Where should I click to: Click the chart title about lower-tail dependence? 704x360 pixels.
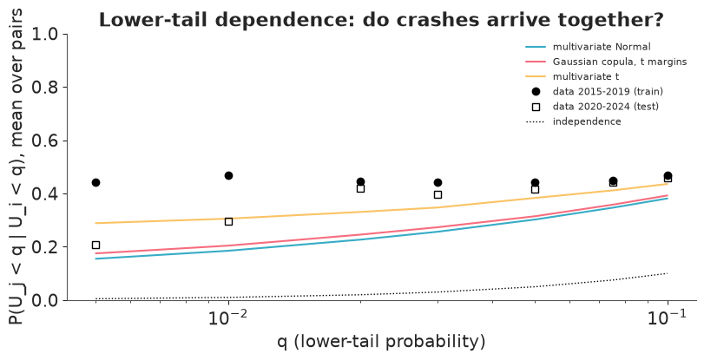(x=381, y=20)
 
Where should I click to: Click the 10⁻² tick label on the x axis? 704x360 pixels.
(x=228, y=317)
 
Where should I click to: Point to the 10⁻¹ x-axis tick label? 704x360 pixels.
(x=668, y=317)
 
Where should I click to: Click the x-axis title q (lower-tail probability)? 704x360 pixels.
(x=381, y=342)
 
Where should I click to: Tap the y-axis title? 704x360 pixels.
(x=16, y=167)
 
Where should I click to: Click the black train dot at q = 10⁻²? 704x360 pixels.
(x=228, y=175)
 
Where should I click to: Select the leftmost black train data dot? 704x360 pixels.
(x=95, y=183)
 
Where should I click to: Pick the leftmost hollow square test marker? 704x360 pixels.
(x=95, y=245)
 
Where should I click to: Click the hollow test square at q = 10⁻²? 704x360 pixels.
(x=228, y=221)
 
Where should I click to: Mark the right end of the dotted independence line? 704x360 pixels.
(x=668, y=273)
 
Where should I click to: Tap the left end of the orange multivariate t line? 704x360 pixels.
(x=95, y=223)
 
